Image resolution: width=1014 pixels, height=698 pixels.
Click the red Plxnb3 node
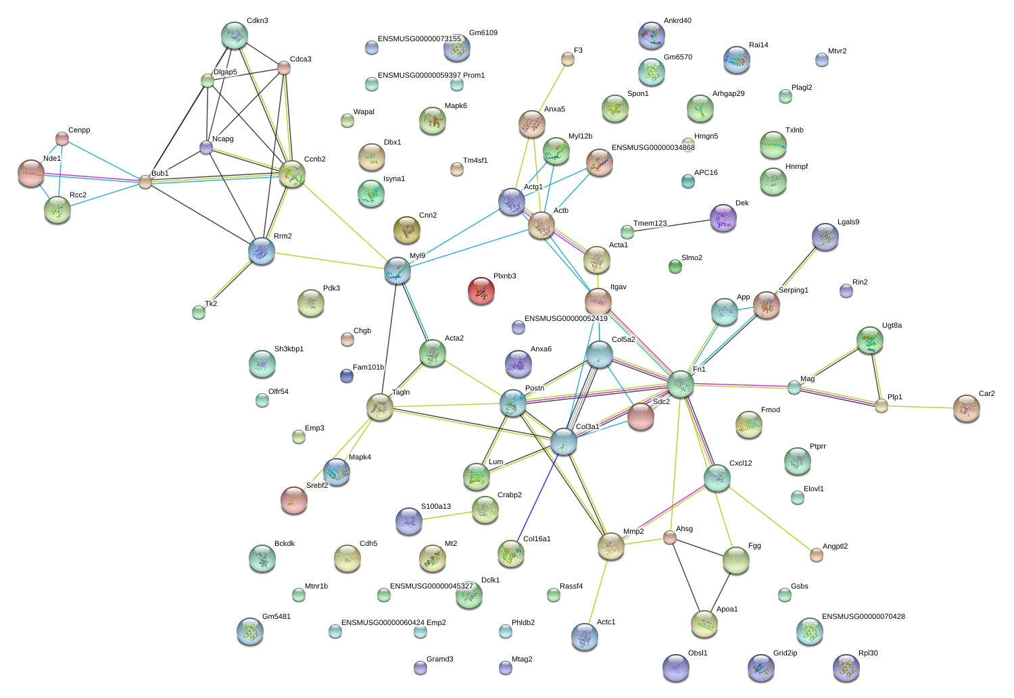tap(481, 291)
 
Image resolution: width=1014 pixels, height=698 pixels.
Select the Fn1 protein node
tap(680, 384)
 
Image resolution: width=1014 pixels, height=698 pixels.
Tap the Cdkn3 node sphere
tap(235, 35)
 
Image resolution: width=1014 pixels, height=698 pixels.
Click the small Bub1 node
tap(145, 182)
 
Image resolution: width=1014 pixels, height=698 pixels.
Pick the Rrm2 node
tap(262, 251)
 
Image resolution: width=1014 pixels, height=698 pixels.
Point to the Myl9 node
tap(397, 270)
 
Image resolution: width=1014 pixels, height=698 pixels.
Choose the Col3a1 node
tap(564, 441)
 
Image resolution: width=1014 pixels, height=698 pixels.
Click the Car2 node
tap(967, 408)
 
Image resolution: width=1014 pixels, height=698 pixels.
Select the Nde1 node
tap(31, 173)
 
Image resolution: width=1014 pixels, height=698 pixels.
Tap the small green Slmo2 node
tap(675, 267)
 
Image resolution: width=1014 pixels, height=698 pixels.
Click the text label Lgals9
tap(848, 222)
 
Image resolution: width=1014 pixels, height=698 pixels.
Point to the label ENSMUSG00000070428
tap(863, 616)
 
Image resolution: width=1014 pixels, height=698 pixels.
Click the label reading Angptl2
tap(835, 546)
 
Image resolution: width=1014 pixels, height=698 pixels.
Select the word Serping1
tap(794, 291)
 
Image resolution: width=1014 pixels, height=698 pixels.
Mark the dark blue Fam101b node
tap(347, 376)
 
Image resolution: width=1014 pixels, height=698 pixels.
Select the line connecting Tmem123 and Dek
tap(672, 226)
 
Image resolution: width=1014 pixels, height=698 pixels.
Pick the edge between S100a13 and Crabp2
tap(448, 516)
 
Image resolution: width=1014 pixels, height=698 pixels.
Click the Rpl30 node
tap(846, 668)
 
